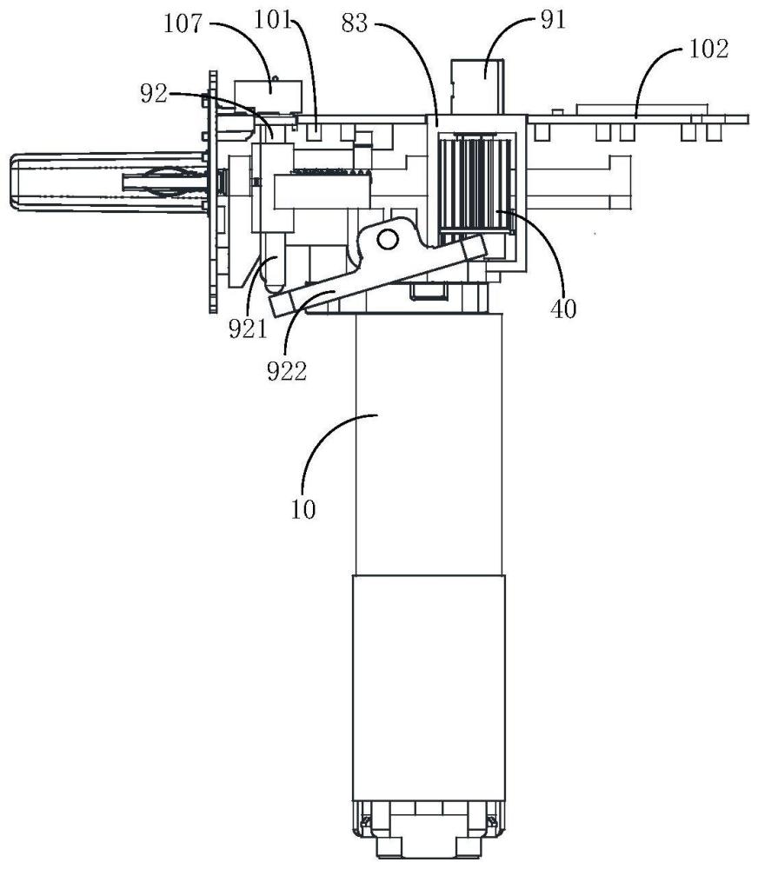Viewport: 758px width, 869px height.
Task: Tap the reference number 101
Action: tap(273, 21)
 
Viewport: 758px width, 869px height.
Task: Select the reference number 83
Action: tap(355, 23)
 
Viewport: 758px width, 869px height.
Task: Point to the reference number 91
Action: tap(553, 20)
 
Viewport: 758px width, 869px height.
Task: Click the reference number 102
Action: tap(709, 49)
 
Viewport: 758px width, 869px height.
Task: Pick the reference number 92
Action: tap(154, 94)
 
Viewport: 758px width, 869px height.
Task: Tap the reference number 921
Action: tap(248, 329)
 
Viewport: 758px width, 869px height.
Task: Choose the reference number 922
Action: tap(287, 371)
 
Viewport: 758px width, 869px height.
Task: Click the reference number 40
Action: tap(563, 308)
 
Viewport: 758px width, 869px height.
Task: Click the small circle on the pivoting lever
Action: tap(387, 240)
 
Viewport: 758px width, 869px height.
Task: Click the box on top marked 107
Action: tap(269, 96)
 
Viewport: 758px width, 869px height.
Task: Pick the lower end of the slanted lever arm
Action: tap(282, 304)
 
